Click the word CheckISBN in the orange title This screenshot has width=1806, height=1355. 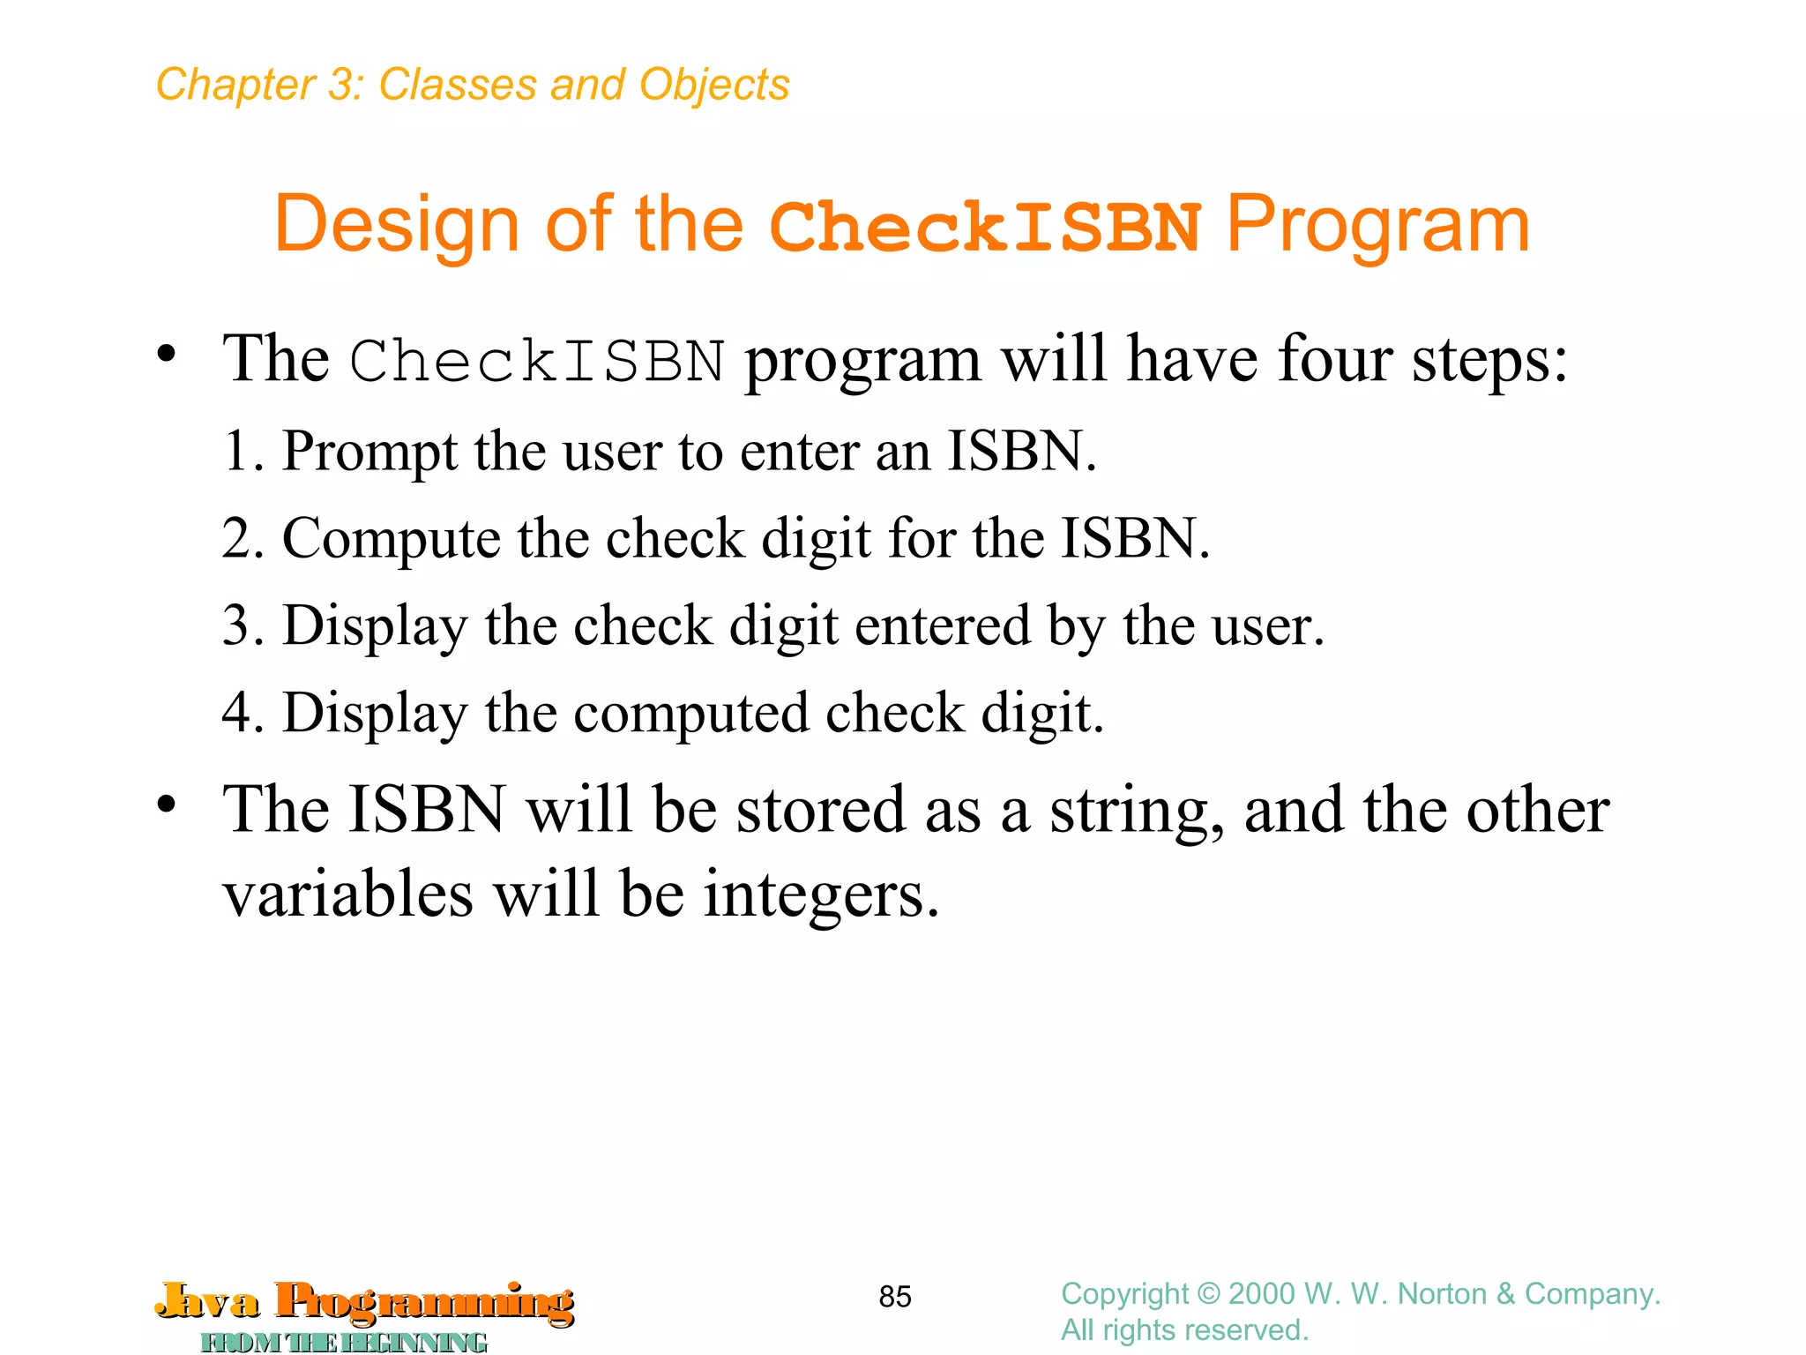click(984, 227)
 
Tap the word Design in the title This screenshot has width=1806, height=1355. click(396, 225)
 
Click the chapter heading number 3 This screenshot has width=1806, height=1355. click(340, 85)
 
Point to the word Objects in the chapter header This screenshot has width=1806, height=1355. click(714, 85)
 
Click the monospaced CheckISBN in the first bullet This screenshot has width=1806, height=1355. click(537, 362)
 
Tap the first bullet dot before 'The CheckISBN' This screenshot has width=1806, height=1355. click(167, 355)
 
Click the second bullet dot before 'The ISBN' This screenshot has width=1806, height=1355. click(167, 805)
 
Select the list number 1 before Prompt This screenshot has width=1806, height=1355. click(238, 451)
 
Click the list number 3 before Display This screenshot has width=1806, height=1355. click(238, 625)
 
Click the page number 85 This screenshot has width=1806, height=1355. click(895, 1297)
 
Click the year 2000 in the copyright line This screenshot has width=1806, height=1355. click(1261, 1294)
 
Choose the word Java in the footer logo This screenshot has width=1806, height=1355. click(208, 1301)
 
